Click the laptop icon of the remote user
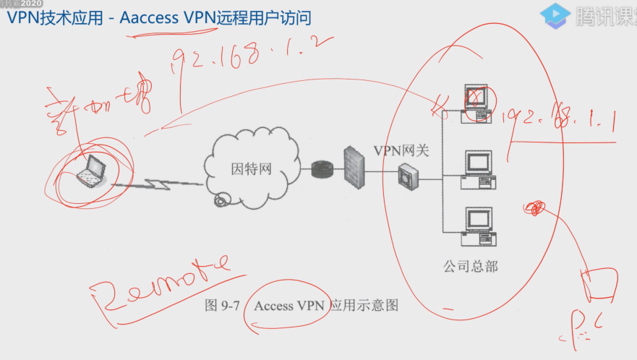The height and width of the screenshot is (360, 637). tap(92, 172)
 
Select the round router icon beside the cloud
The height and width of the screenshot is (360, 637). tap(320, 171)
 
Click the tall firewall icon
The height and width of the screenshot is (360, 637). tap(353, 167)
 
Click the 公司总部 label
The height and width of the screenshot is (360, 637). tap(471, 266)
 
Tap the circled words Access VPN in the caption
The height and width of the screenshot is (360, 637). tap(289, 306)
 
